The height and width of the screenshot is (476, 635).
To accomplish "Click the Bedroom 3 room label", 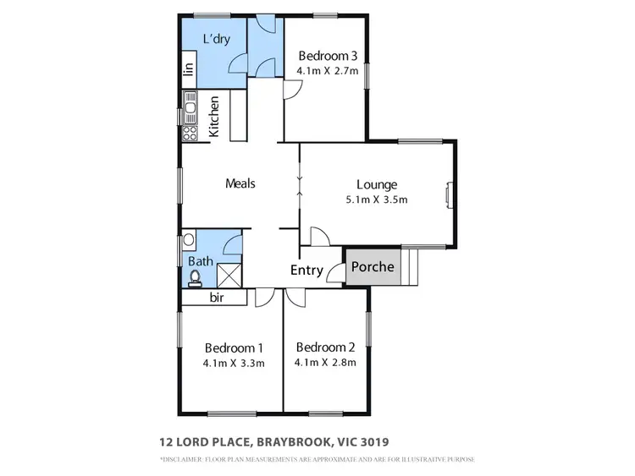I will pyautogui.click(x=329, y=56).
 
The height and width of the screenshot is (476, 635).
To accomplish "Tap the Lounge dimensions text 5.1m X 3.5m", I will pyautogui.click(x=377, y=200).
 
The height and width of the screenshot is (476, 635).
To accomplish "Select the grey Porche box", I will pyautogui.click(x=373, y=267).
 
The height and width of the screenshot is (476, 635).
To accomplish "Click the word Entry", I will pyautogui.click(x=306, y=271).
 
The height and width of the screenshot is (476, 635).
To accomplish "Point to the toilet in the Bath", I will pyautogui.click(x=196, y=276).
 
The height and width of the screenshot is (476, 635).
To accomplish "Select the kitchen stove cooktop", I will pyautogui.click(x=191, y=133).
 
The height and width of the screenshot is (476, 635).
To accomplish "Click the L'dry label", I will pyautogui.click(x=216, y=39).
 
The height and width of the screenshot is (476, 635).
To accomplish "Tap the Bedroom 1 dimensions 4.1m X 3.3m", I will pyautogui.click(x=234, y=364).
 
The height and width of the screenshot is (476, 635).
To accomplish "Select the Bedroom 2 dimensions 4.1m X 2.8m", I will pyautogui.click(x=325, y=364).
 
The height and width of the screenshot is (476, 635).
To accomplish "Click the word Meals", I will pyautogui.click(x=240, y=183).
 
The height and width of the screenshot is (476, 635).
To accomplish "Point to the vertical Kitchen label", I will pyautogui.click(x=214, y=117).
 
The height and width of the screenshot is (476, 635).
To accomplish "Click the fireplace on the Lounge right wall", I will pyautogui.click(x=450, y=195).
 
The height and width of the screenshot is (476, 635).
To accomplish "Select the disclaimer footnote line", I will pyautogui.click(x=317, y=460).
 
